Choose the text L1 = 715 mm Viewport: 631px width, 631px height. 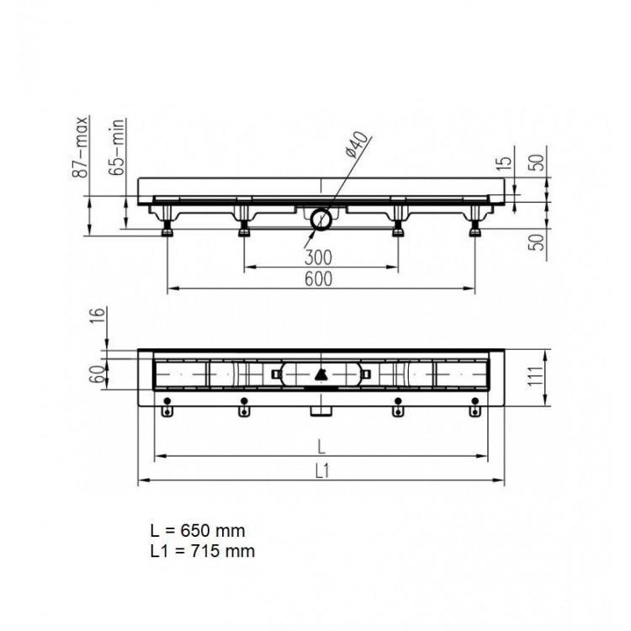point(201,551)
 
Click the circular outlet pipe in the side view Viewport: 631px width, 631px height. point(321,220)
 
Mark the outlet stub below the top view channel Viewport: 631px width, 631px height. point(321,410)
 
